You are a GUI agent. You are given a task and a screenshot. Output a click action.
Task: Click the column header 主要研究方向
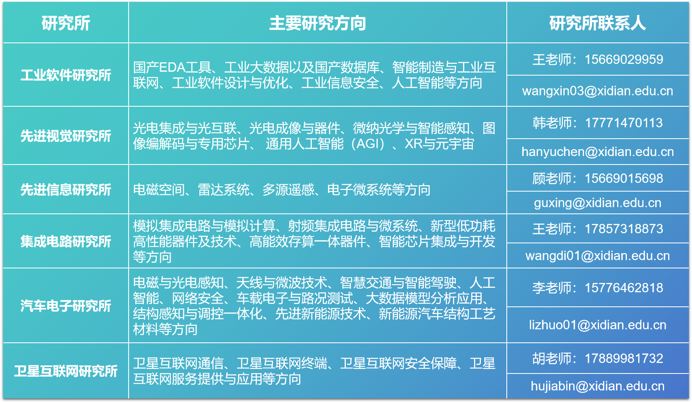click(x=317, y=23)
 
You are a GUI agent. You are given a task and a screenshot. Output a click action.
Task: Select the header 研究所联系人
click(x=597, y=23)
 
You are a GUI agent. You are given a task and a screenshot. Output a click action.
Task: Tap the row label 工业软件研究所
click(x=66, y=75)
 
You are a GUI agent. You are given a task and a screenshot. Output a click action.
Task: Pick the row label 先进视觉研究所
click(x=66, y=136)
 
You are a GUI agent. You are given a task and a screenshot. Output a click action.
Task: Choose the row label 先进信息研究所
click(x=66, y=190)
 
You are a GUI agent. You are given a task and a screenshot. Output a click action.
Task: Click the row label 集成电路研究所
click(x=66, y=241)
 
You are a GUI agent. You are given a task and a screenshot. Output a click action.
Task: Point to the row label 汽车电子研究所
click(x=66, y=306)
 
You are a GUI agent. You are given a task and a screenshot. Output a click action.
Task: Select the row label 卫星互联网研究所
click(x=66, y=371)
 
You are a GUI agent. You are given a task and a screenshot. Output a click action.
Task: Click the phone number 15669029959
click(x=624, y=59)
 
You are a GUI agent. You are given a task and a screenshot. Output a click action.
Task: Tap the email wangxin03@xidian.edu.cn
click(x=597, y=91)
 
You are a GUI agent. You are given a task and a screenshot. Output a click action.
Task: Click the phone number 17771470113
click(x=624, y=123)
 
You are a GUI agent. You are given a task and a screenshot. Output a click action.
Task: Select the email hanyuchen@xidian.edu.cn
click(x=597, y=152)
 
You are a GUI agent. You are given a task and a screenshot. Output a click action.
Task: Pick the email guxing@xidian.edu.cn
click(x=597, y=203)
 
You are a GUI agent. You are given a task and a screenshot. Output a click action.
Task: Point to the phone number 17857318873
click(x=624, y=229)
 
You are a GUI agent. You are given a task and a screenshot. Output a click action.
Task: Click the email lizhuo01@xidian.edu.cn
click(x=597, y=325)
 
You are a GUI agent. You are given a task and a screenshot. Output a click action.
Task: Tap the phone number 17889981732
click(x=624, y=359)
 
